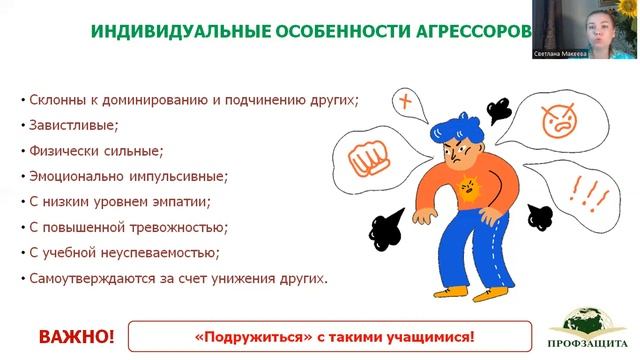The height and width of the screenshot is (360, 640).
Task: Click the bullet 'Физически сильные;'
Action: click(x=90, y=152)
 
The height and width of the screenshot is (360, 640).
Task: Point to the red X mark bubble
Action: click(x=405, y=101)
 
